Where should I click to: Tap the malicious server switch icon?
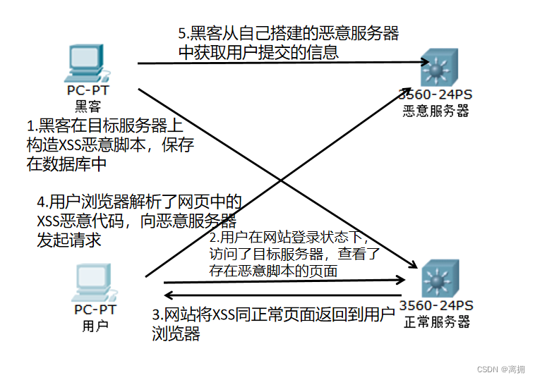point(436,68)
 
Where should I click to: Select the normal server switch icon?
point(438,280)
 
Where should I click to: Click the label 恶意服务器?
point(435,111)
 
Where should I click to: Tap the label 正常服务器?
point(437,322)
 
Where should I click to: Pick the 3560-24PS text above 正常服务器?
point(436,305)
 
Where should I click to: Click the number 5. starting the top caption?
point(182,33)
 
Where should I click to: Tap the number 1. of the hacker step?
point(31,126)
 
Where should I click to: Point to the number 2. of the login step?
point(215,238)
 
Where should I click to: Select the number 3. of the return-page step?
point(157,314)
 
